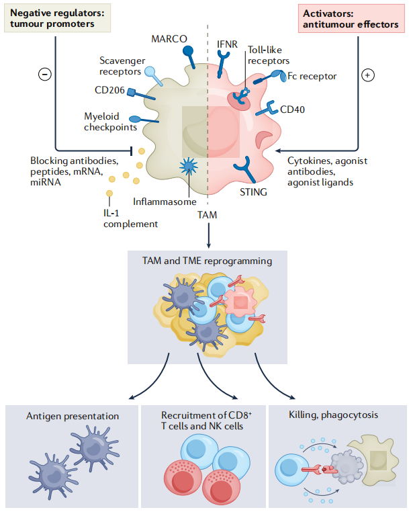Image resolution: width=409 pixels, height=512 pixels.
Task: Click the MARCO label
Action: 169,39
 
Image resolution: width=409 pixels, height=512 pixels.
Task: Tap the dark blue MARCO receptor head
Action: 188,50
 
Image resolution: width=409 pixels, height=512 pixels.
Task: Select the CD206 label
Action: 109,90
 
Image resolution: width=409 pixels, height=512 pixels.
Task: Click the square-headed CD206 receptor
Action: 131,92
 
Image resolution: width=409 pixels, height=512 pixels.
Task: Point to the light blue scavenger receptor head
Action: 150,71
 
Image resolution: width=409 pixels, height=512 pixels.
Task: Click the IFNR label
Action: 227,44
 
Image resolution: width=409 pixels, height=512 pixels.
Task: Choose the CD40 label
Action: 292,110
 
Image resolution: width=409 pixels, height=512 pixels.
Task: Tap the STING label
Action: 253,192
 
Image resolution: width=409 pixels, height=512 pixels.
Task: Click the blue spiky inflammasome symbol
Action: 189,166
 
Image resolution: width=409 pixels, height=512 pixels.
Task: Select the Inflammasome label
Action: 165,202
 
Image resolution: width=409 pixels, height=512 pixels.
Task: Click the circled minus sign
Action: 45,74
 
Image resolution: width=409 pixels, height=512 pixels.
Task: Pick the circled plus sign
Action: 368,75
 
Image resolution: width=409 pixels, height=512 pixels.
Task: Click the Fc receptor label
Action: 312,76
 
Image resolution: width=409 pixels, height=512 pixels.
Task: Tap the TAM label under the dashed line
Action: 208,215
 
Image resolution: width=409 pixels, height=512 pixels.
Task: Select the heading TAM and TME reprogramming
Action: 207,261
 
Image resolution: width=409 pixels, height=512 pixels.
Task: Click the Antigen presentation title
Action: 73,416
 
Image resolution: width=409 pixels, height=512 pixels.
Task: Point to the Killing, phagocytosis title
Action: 333,415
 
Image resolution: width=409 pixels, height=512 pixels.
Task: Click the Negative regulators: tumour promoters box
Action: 58,18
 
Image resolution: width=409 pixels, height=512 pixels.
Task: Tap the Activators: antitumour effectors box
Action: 351,19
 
